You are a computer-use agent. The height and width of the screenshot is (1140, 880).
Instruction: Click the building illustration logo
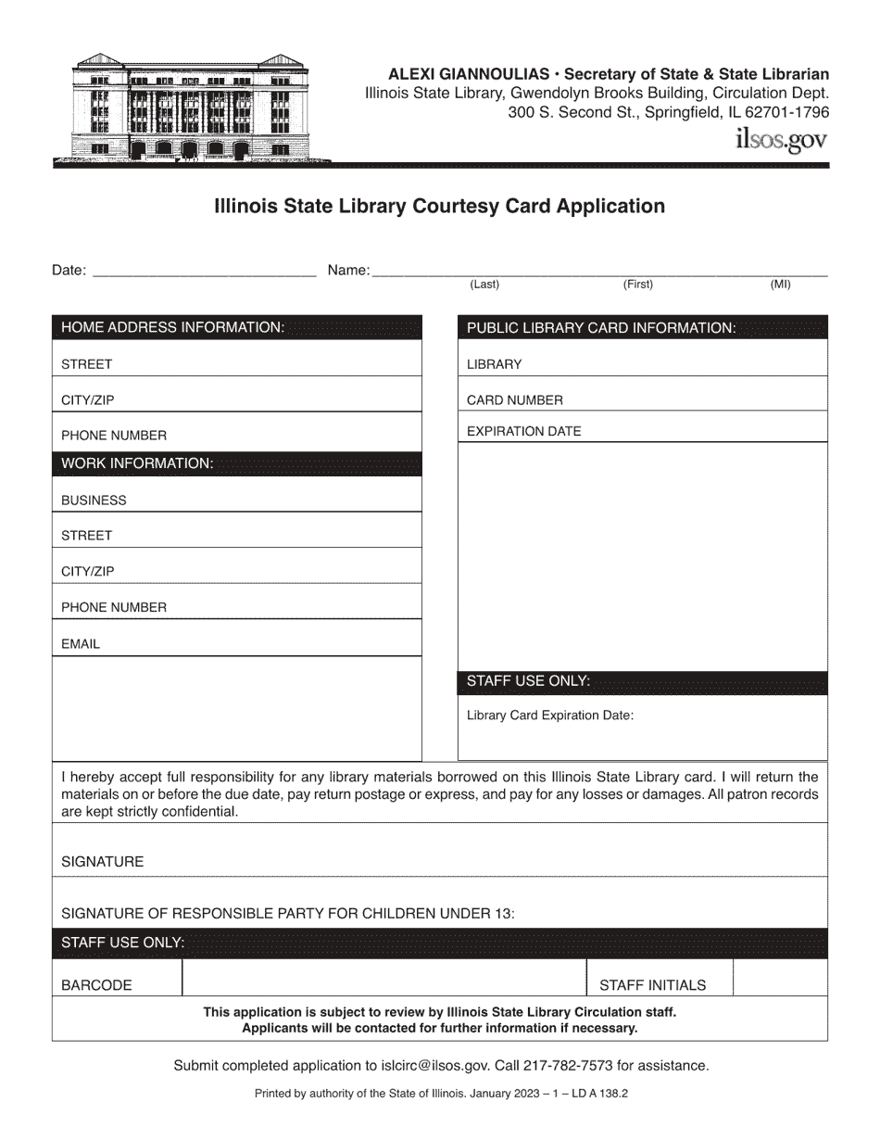191,108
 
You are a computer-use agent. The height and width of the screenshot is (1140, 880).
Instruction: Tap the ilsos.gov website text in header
780,140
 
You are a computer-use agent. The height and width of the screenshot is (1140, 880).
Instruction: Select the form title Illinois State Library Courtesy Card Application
440,206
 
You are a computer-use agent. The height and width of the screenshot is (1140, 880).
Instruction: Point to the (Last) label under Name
484,285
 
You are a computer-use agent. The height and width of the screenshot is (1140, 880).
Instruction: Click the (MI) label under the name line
780,285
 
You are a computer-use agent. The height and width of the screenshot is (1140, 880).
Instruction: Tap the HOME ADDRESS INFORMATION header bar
237,328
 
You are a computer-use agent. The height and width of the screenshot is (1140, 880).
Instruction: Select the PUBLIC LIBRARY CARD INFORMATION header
642,328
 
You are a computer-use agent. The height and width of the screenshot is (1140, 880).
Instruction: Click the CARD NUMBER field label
515,400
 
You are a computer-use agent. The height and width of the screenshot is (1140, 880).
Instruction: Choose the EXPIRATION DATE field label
524,431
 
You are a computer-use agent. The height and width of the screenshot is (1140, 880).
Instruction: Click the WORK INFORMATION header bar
237,463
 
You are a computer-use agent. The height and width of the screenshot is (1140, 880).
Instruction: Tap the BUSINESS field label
94,500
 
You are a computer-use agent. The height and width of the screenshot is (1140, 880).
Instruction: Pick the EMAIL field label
81,644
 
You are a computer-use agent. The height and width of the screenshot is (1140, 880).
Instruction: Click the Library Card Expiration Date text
550,716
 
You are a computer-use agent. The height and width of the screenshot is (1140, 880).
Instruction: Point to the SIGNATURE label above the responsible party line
103,862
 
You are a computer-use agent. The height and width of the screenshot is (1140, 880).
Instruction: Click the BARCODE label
96,985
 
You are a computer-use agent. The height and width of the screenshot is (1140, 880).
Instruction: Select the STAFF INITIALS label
652,985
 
